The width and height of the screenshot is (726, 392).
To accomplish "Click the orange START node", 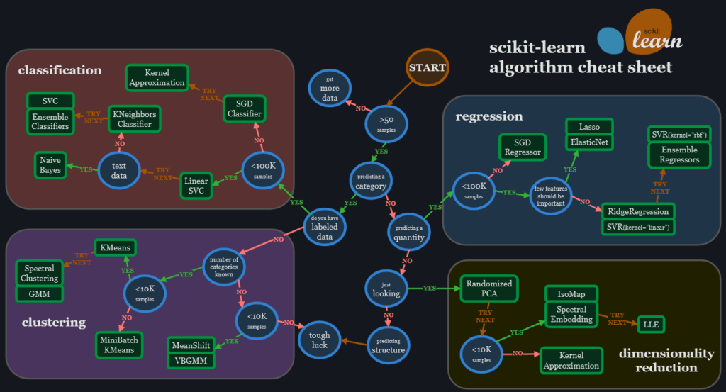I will tap(427, 68).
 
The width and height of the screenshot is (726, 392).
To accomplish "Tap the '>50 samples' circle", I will tap(386, 124).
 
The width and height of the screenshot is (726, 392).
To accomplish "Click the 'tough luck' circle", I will tap(319, 340).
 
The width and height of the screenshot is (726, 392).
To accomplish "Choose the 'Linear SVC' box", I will tap(196, 185).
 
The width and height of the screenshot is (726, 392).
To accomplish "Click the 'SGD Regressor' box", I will tap(523, 147).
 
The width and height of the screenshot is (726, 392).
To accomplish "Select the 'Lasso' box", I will tap(589, 127).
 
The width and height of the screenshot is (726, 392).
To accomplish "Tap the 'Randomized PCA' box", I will tap(489, 289).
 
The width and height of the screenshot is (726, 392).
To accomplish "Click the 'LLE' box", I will tap(651, 324).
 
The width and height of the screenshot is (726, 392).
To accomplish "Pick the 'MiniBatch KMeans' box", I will tap(119, 345).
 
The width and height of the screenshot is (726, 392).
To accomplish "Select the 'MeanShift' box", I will tap(190, 345).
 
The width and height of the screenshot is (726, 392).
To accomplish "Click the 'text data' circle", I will tap(119, 170).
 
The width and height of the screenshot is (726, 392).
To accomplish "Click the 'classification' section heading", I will tap(60, 70).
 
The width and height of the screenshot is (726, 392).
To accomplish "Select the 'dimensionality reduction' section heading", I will tap(666, 360).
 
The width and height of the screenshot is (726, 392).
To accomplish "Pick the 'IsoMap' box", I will tap(571, 293).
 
